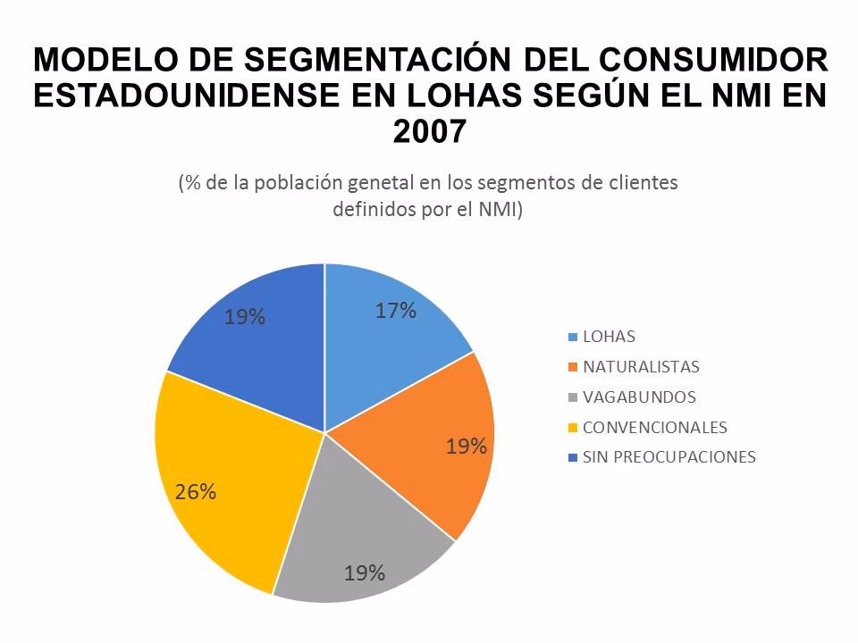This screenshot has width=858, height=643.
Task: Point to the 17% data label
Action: coord(396,311)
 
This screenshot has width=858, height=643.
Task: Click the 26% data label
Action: coord(195,491)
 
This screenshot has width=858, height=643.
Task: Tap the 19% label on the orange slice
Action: coord(466,447)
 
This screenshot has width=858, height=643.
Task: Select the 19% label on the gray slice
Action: coord(365,572)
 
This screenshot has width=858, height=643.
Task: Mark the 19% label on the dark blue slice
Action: coord(244,316)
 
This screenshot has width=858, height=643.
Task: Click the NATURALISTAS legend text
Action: coord(641,367)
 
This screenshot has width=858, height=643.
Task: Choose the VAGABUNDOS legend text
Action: coord(638,397)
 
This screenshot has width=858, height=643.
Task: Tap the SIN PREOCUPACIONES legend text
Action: coord(669,457)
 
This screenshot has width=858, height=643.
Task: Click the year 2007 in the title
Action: coord(429,131)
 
